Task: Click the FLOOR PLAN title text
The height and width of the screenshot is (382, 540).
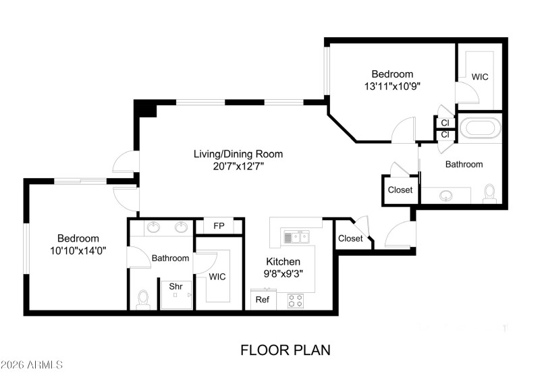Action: [285, 350]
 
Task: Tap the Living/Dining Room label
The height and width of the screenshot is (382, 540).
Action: [238, 154]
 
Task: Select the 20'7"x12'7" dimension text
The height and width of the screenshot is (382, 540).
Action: [238, 166]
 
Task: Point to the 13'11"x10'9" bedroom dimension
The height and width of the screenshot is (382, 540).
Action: [392, 86]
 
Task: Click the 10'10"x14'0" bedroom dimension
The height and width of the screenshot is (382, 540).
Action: [78, 250]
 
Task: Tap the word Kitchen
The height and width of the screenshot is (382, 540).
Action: [283, 261]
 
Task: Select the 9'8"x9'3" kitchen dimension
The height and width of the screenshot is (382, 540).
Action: [283, 273]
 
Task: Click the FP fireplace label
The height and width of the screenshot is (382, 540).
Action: [219, 226]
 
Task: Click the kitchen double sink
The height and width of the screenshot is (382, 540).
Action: [296, 237]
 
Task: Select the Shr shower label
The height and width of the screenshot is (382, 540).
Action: [175, 287]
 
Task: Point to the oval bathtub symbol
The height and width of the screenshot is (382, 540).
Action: [480, 127]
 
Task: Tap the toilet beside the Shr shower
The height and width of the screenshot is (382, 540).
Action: [142, 299]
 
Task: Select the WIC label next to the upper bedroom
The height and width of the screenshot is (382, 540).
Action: [480, 76]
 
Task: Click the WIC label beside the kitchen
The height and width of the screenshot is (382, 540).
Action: [217, 277]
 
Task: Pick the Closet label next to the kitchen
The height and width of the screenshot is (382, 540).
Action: [350, 238]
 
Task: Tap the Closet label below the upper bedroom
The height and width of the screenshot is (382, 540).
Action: [400, 190]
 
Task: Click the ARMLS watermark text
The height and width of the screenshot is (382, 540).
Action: [32, 365]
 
